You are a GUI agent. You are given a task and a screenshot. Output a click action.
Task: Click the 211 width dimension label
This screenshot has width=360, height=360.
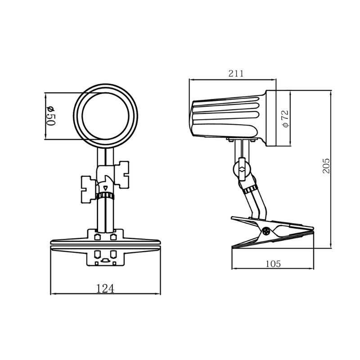[236, 73]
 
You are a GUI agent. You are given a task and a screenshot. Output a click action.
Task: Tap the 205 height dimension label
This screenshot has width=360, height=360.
[326, 166]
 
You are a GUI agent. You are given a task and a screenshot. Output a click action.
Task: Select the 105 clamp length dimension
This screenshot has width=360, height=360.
[273, 264]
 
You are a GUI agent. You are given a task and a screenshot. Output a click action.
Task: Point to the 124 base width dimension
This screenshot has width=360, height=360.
[105, 288]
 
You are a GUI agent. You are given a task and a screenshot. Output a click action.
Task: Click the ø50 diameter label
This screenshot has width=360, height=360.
[51, 116]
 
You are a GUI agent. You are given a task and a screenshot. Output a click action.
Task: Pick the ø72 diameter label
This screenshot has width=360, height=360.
[285, 118]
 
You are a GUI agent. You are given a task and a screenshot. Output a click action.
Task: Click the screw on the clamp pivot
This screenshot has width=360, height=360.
[266, 231]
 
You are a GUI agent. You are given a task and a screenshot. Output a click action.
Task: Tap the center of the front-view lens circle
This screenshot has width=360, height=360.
[105, 116]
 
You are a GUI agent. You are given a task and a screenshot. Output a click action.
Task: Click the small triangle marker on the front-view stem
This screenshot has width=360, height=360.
[105, 188]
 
